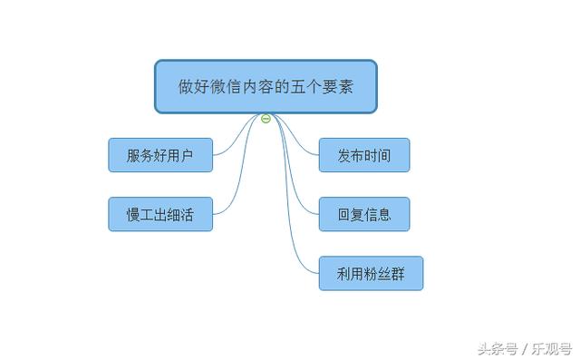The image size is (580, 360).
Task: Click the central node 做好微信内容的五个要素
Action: point(265,87)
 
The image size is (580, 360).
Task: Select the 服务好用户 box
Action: point(160,155)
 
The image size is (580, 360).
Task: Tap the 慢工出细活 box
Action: point(160,215)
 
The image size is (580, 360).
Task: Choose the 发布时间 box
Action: point(364,155)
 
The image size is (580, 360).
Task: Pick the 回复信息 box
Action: point(364,215)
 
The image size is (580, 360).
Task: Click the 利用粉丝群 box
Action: point(371,274)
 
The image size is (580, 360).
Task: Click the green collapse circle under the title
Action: point(266,119)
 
